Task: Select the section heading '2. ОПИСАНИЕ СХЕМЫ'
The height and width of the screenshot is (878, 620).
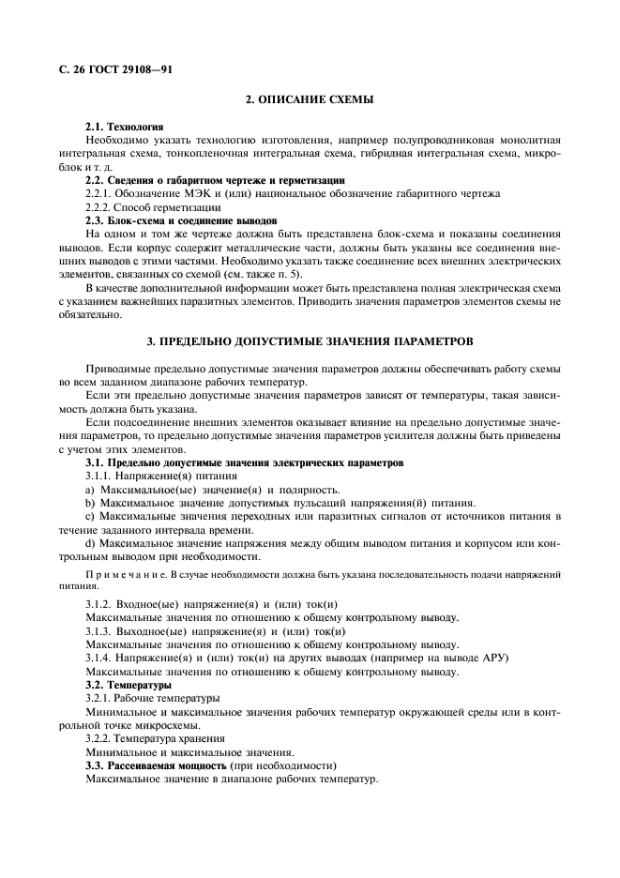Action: tap(310, 99)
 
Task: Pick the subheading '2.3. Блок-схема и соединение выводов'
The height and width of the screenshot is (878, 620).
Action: tap(181, 219)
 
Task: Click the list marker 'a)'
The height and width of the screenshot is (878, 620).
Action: tap(90, 490)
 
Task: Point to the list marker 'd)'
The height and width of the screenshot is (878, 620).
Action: tap(90, 543)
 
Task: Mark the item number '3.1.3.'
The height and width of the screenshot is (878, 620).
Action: tap(99, 631)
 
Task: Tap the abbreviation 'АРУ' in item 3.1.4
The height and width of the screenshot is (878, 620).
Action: tap(495, 658)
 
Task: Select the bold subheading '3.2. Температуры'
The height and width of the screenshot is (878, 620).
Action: tap(129, 685)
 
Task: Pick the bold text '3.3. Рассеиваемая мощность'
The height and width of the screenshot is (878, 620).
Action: tap(165, 766)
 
